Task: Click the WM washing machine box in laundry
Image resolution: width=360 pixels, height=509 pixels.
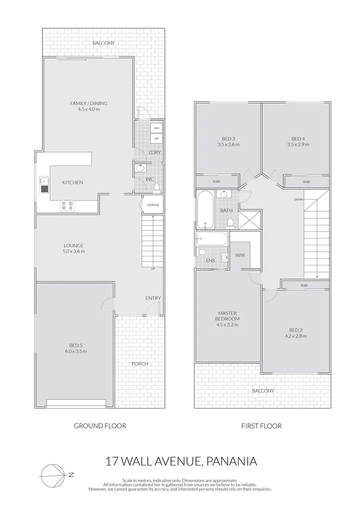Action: tap(156, 128)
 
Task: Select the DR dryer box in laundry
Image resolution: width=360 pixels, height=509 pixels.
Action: tap(156, 139)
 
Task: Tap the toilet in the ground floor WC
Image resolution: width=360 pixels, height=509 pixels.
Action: tap(156, 187)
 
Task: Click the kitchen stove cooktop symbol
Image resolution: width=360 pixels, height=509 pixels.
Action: tap(66, 206)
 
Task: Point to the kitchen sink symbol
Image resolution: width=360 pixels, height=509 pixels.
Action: tap(43, 185)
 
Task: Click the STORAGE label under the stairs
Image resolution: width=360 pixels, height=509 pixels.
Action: tap(153, 205)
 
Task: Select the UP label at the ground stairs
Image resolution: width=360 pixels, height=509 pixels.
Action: tap(153, 269)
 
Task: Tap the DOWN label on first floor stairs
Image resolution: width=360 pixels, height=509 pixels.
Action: tap(299, 199)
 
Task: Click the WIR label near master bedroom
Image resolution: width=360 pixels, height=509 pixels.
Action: tap(239, 255)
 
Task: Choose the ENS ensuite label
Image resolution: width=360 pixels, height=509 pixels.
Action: tap(210, 260)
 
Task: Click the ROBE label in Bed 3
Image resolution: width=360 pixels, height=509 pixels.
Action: tap(216, 181)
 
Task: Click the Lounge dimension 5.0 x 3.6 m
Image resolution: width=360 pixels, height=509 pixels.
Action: tap(74, 251)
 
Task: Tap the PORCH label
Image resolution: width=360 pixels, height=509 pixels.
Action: tap(140, 363)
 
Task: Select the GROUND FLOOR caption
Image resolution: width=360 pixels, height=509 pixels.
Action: tap(100, 426)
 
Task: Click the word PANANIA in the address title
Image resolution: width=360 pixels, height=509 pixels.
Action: tap(231, 460)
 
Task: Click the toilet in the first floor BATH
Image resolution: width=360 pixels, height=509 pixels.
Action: tap(230, 222)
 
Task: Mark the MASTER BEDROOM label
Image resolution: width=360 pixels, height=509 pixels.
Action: tap(228, 316)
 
